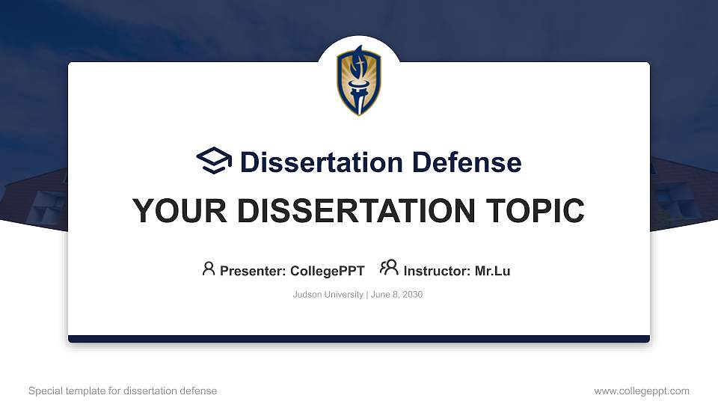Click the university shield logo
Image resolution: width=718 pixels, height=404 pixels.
359,81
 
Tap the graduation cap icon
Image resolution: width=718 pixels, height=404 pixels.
215,161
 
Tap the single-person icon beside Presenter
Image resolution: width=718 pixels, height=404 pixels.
209,269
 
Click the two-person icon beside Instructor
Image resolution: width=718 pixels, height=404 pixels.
389,268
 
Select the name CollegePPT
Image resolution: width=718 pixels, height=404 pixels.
327,271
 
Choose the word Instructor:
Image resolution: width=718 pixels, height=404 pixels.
437,271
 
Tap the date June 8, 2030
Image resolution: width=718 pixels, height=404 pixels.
396,295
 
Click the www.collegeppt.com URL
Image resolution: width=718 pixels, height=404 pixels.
642,391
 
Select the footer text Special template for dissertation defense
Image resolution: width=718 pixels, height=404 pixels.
123,391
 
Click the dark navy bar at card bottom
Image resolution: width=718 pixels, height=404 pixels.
359,339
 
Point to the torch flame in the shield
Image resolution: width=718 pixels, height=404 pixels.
358,60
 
